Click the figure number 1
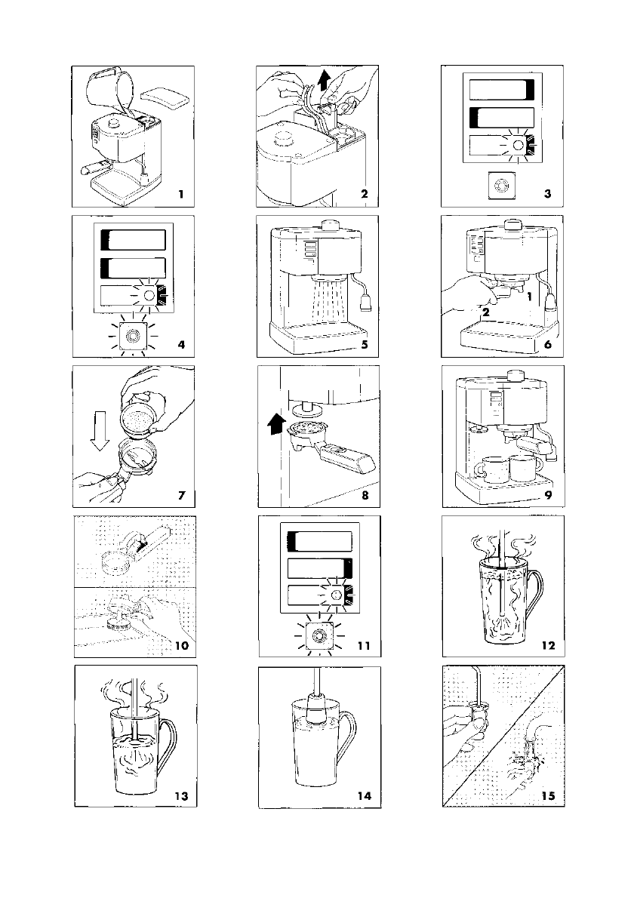coord(181,194)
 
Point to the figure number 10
coord(181,645)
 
